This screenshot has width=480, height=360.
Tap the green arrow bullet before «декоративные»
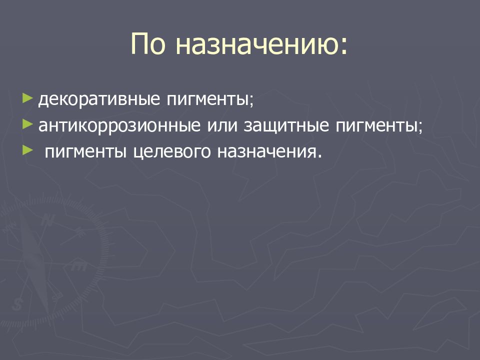point(27,95)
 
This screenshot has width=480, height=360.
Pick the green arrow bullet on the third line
point(27,149)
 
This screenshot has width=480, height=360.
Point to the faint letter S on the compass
point(19,302)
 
